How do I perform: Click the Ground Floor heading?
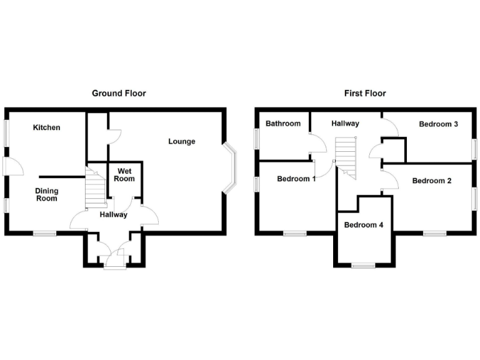119,93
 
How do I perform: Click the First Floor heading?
365,93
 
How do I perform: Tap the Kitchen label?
47,127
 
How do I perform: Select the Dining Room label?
46,195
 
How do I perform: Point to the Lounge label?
181,141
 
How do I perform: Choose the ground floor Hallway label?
113,214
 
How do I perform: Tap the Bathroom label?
283,124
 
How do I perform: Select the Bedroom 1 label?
296,179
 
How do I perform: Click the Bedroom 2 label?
432,181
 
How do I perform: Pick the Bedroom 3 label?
438,124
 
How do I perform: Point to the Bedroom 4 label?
364,224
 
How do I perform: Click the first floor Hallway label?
345,124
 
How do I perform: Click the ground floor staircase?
94,187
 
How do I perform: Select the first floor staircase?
346,158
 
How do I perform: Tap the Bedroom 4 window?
363,265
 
